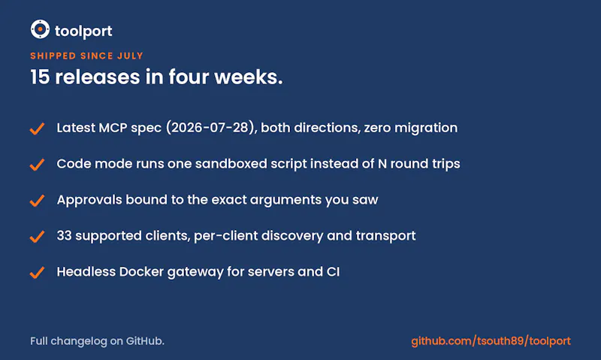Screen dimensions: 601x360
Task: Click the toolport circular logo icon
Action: coord(40,29)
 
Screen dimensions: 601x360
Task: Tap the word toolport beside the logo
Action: coord(83,31)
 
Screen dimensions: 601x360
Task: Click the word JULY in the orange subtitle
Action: coord(130,56)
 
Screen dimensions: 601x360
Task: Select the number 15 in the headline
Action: coord(40,77)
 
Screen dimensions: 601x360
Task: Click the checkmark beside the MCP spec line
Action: coord(37,129)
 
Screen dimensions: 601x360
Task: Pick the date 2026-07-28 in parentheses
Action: coord(210,128)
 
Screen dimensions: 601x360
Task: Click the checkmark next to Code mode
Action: coord(37,165)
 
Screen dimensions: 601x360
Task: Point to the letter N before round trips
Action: coord(382,164)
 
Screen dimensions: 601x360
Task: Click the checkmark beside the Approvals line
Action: coord(37,201)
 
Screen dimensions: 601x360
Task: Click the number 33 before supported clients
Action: coord(65,236)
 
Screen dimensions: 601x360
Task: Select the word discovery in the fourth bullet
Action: coord(292,236)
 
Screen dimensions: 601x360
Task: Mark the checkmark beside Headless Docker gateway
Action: coord(37,273)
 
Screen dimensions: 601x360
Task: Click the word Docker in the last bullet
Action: coord(141,272)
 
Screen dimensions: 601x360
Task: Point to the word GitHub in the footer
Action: coord(145,340)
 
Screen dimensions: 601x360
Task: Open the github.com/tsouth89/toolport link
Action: coord(491,341)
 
